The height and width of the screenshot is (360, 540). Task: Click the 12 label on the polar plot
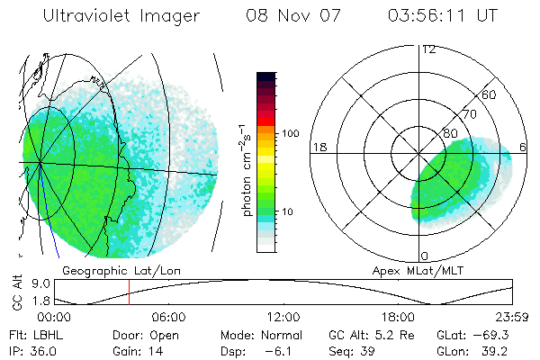click(x=429, y=49)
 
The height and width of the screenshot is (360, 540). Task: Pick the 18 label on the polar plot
click(x=319, y=147)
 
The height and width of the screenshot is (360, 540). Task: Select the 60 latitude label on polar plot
click(x=490, y=94)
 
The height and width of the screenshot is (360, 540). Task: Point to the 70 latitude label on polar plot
click(x=468, y=115)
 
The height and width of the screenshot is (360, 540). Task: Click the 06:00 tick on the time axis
click(x=168, y=318)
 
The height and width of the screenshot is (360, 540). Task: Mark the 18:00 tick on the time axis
click(x=398, y=318)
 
